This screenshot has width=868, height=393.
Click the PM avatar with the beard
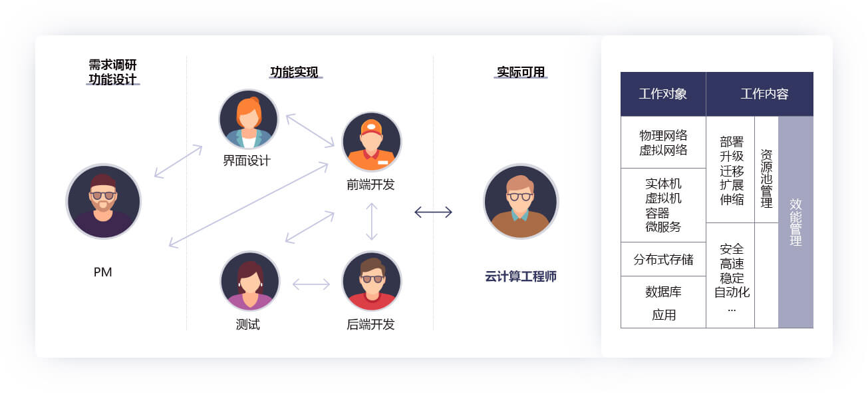pos(104,201)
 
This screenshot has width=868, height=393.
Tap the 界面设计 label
pos(247,161)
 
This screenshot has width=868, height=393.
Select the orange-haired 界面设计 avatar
pos(249,119)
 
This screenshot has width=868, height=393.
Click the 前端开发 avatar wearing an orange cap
pos(372,142)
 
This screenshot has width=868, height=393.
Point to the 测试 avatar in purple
pos(250,281)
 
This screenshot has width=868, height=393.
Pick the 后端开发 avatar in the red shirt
pos(372,281)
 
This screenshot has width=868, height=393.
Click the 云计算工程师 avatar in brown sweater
pos(521,201)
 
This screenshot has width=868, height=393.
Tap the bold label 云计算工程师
pos(521,276)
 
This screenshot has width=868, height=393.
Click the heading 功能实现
pos(294,72)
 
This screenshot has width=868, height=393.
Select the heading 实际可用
pos(521,72)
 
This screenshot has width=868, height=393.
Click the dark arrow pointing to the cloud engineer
pos(433,212)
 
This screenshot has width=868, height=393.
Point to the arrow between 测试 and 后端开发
pos(311,284)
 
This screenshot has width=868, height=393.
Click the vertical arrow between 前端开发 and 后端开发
pos(372,222)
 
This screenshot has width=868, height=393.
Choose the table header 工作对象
pos(662,94)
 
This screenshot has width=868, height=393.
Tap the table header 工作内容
pos(764,94)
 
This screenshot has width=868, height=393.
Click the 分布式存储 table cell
pos(663,259)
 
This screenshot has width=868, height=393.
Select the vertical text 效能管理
pos(796,222)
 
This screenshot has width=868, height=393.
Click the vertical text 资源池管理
pos(766,179)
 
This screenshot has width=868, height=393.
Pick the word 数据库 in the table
pos(663,292)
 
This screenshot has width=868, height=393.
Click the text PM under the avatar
pos(102,272)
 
